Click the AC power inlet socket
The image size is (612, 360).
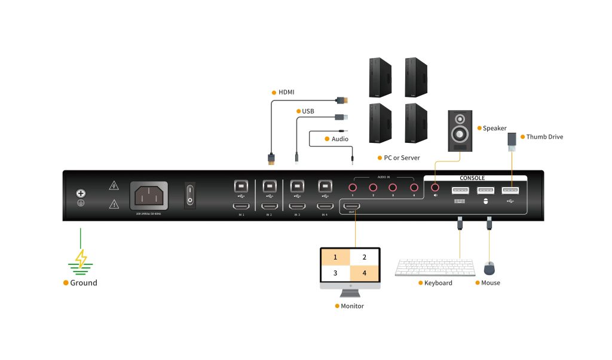tap(149, 196)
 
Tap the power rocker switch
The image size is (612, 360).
tap(189, 195)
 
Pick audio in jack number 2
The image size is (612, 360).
tap(373, 188)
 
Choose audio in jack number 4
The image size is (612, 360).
tap(412, 188)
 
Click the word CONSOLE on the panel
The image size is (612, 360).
tap(472, 178)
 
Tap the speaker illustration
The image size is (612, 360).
tap(460, 131)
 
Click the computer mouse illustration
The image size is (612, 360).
tap(489, 268)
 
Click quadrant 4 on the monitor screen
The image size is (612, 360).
tap(365, 274)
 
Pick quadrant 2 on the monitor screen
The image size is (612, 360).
tap(365, 257)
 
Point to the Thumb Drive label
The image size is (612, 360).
tap(544, 137)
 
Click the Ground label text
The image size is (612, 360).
tap(84, 283)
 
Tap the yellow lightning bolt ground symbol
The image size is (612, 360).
tap(80, 259)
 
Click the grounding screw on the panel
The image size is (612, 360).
tap(80, 194)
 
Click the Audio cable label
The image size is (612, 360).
tap(340, 139)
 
